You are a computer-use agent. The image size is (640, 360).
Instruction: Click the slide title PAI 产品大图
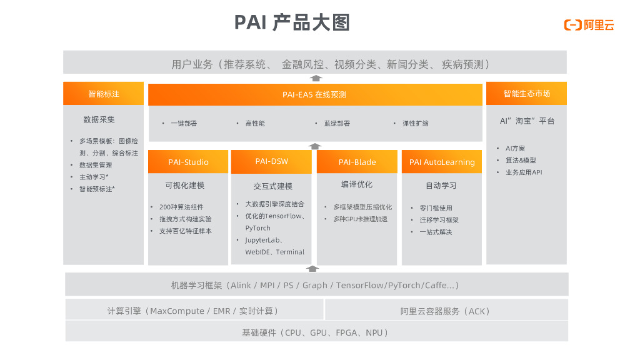coord(292,22)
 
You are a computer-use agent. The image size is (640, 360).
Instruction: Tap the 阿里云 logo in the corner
coord(589,25)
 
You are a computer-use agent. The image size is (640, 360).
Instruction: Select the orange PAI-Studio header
coord(188,162)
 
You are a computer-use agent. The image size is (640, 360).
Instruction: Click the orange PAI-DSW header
coord(271,161)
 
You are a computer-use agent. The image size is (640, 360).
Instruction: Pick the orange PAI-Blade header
coord(357,162)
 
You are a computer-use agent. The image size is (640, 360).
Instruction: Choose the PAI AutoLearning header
coord(442,162)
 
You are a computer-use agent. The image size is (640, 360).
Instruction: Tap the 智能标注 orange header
coord(103,94)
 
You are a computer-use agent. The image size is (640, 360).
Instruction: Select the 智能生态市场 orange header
coord(526,94)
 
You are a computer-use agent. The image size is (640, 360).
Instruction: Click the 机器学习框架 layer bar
coord(316,285)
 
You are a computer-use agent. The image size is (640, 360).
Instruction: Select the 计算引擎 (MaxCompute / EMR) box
coord(193,311)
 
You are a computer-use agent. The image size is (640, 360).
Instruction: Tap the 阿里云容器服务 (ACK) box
coord(446,311)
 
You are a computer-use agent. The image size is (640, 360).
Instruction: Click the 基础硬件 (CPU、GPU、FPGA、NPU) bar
coord(316,332)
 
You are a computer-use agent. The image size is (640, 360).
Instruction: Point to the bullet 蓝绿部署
coord(337,124)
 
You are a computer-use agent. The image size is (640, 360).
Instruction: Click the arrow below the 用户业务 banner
coord(316,79)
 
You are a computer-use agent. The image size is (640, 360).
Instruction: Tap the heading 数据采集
coord(99,119)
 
